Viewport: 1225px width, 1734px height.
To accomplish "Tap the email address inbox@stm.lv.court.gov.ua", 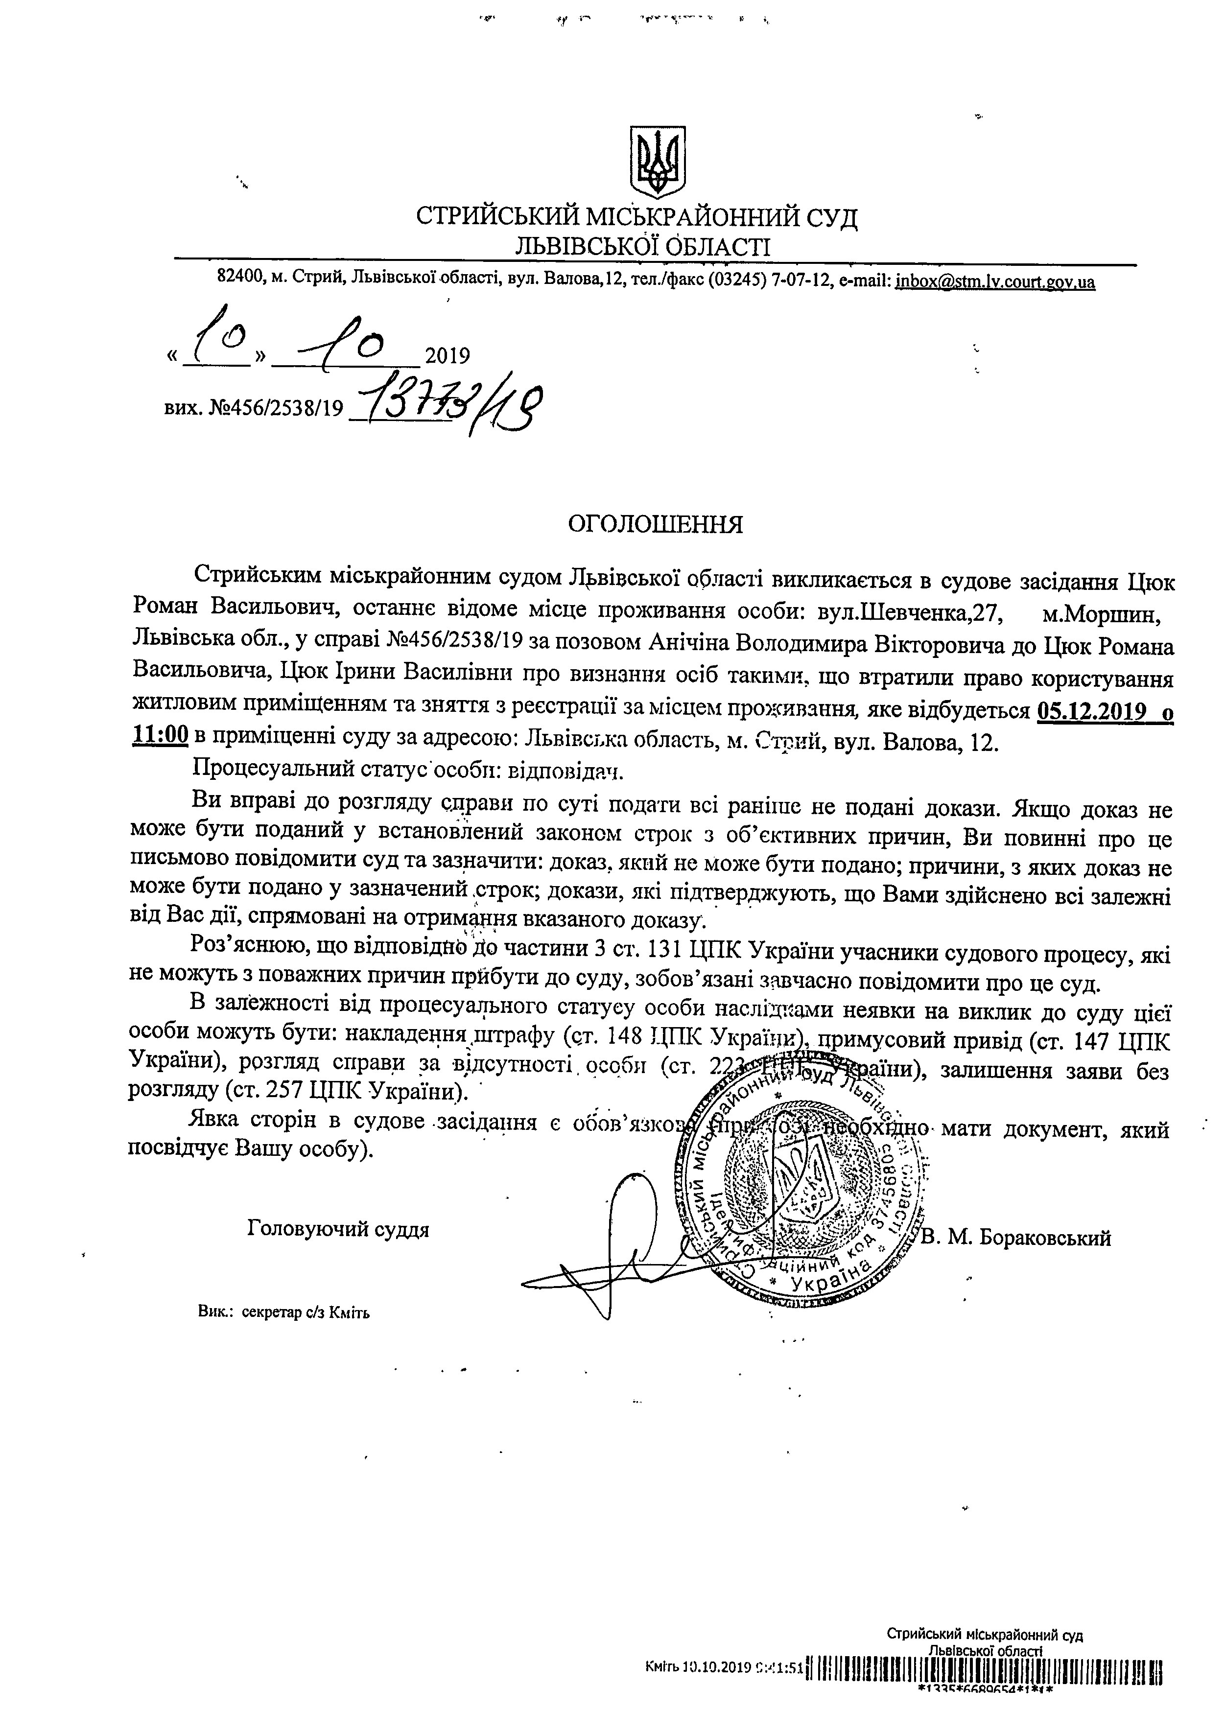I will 995,282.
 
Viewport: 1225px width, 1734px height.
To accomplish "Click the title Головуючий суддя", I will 338,1229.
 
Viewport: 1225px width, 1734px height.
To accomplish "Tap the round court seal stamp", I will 801,1183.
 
